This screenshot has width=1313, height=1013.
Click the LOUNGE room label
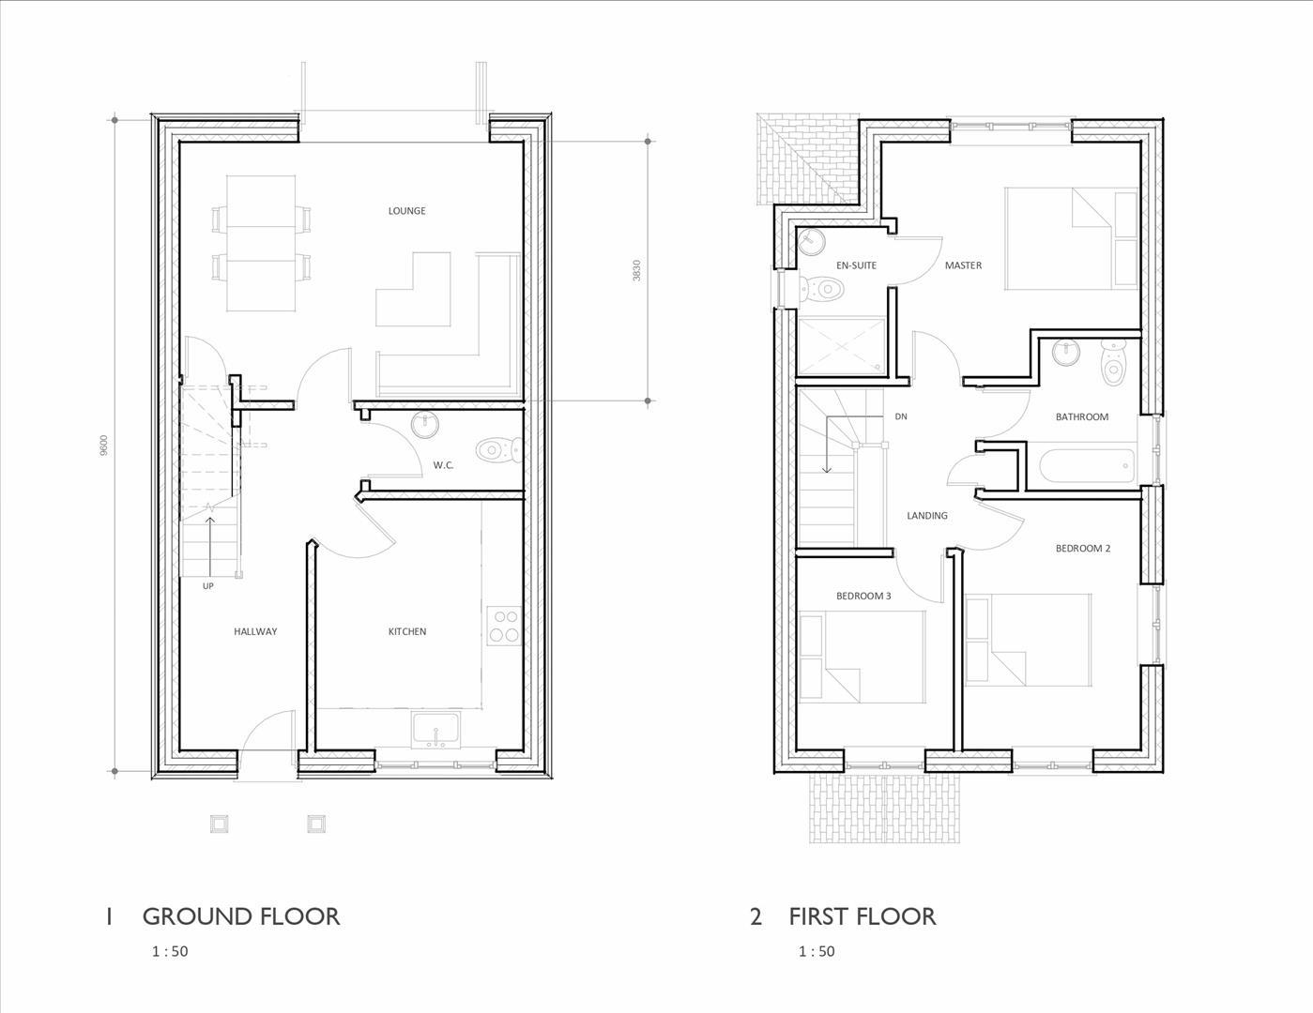[406, 211]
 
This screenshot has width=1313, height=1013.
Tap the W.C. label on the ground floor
[443, 465]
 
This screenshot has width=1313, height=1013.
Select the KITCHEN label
[406, 631]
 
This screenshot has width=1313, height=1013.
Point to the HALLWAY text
[255, 631]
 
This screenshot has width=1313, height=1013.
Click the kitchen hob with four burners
[504, 626]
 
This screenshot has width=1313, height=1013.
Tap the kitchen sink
[435, 730]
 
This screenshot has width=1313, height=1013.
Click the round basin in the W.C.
[425, 425]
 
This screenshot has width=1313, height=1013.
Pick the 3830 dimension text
[637, 270]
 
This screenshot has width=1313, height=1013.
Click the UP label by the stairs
[208, 586]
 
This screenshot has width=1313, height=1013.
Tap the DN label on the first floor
[901, 416]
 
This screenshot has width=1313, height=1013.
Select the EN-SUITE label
[856, 265]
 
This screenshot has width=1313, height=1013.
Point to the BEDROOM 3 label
[863, 596]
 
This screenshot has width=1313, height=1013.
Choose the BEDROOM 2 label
[1082, 548]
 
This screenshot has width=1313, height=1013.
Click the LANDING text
[926, 515]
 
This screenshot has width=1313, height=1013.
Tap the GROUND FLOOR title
[240, 916]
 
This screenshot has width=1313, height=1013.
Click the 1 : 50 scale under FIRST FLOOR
[816, 951]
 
